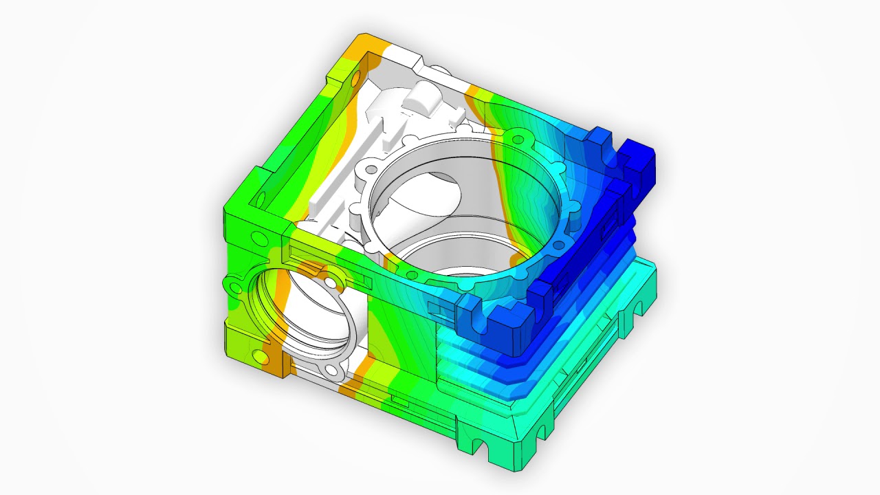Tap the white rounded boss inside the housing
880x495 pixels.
click(420, 100)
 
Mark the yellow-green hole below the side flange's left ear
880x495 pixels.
click(258, 355)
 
